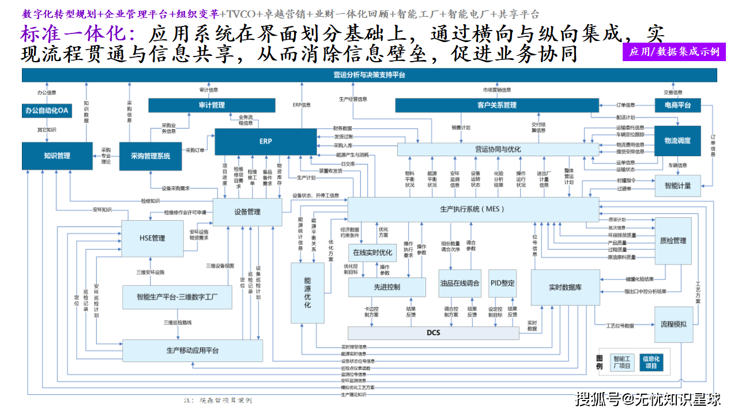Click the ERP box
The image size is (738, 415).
[265, 141]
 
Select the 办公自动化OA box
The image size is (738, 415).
[47, 111]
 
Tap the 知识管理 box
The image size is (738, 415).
[57, 156]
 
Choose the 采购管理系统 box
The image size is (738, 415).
[150, 156]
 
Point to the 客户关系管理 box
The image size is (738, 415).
[496, 105]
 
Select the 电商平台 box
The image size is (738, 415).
[677, 105]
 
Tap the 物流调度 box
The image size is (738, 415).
[677, 141]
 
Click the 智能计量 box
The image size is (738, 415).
[677, 186]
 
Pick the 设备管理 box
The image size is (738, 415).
[247, 212]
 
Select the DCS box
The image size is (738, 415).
[433, 333]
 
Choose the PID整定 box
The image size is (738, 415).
[502, 283]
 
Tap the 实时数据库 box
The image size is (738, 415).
[564, 287]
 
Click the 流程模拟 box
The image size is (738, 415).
[673, 324]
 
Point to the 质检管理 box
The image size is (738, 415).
[672, 240]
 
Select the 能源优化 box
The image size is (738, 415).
[307, 292]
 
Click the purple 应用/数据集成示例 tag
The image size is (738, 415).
[674, 52]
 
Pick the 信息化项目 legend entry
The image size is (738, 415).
[650, 362]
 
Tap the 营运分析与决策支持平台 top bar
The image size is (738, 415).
[369, 75]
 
